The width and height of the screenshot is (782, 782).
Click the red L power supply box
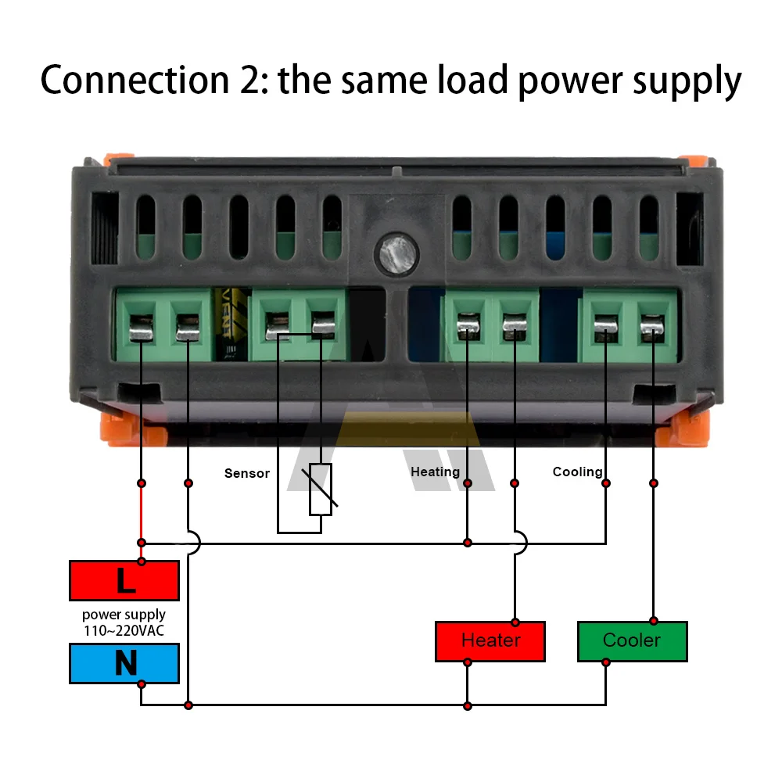[x=124, y=580]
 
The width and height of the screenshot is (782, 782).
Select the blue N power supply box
[x=124, y=663]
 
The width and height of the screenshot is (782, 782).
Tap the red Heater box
[x=490, y=641]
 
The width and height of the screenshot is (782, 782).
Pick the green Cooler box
[x=632, y=641]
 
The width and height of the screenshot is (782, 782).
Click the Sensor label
[x=247, y=473]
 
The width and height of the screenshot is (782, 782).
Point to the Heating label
[x=435, y=472]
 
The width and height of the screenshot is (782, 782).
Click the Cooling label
[x=577, y=472]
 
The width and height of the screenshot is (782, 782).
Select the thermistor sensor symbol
[x=321, y=490]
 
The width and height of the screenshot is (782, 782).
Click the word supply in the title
[x=680, y=81]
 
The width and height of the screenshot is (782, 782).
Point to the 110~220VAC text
[x=124, y=630]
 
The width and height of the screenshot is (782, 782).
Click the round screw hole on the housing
[x=393, y=253]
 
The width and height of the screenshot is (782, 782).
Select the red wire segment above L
[x=141, y=512]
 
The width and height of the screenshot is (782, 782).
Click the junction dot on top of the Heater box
[x=515, y=622]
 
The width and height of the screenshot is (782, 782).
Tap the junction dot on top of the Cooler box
[x=654, y=622]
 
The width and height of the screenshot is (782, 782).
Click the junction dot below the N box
[x=141, y=684]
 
